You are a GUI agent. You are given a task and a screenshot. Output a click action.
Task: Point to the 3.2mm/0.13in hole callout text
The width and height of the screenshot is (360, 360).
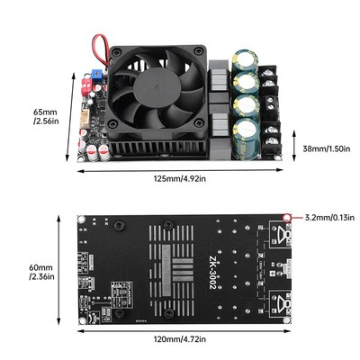pos(328,218)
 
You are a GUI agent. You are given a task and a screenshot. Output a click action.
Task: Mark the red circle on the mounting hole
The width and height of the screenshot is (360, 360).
pos(287,218)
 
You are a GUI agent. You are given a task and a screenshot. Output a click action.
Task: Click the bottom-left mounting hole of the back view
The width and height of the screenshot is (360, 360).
pos(84,319)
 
